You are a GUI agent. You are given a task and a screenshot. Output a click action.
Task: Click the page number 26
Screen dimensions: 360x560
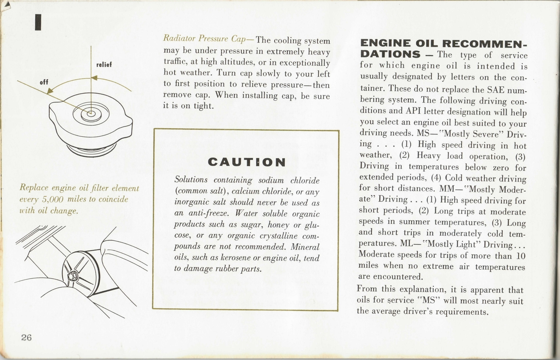click(x=26, y=338)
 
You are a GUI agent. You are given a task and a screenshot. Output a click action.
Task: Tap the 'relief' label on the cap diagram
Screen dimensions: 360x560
click(x=104, y=65)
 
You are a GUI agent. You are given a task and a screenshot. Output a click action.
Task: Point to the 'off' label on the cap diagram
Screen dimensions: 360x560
click(x=44, y=82)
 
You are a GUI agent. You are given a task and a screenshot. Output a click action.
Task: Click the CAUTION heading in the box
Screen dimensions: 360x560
click(x=247, y=162)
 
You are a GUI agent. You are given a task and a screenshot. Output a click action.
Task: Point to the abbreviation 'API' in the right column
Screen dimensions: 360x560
click(x=413, y=112)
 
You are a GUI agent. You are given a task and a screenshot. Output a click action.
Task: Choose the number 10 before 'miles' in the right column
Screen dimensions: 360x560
click(x=521, y=256)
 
